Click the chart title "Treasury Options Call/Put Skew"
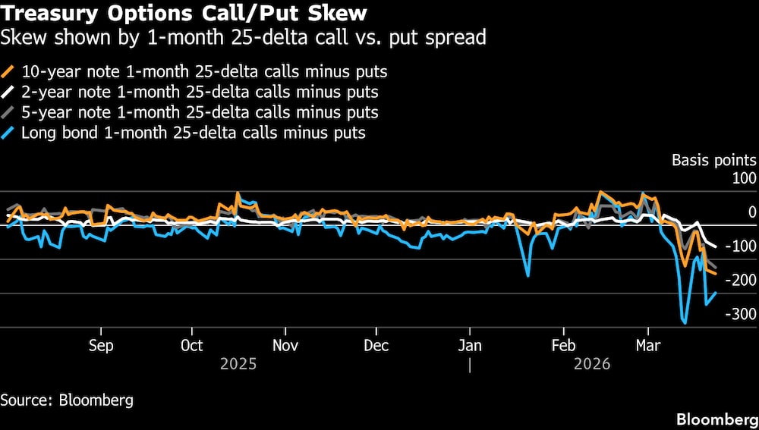click(184, 13)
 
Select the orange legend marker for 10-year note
click(8, 72)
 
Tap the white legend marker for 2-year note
click(8, 93)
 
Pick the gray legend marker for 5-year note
click(8, 113)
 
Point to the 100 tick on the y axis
click(744, 179)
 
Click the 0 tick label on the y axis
click(751, 212)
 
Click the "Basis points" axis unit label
click(713, 160)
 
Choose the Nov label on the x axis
click(285, 346)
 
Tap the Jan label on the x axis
click(470, 346)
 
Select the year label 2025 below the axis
click(238, 364)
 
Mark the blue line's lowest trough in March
click(685, 323)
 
